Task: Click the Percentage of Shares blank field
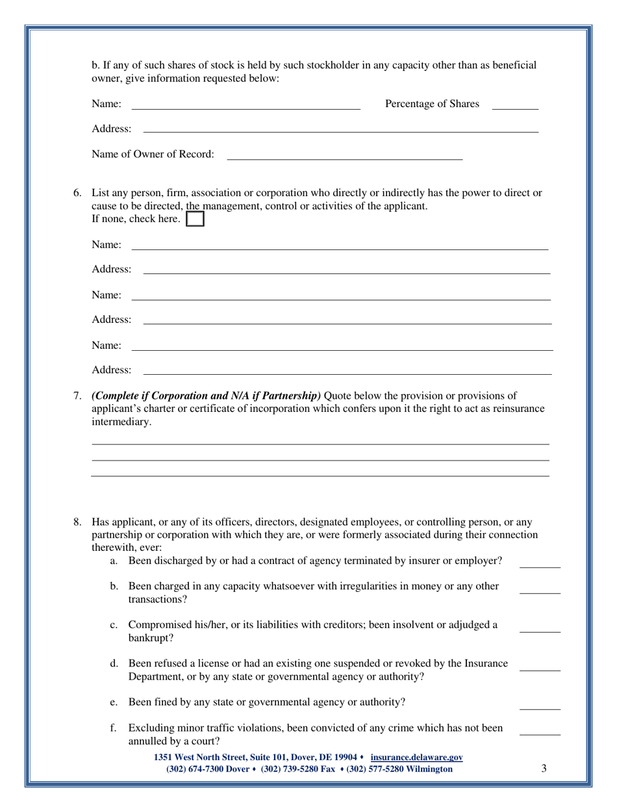pos(515,105)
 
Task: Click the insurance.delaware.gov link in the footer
pos(416,757)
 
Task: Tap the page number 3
pos(544,768)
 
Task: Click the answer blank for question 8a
pos(540,563)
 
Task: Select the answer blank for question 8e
pos(540,704)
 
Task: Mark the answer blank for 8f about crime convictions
pos(540,730)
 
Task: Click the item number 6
pos(77,193)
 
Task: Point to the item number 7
pos(77,396)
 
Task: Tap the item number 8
pos(77,522)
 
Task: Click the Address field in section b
pos(340,129)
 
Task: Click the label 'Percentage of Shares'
pos(433,104)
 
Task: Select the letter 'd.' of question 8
pos(115,664)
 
